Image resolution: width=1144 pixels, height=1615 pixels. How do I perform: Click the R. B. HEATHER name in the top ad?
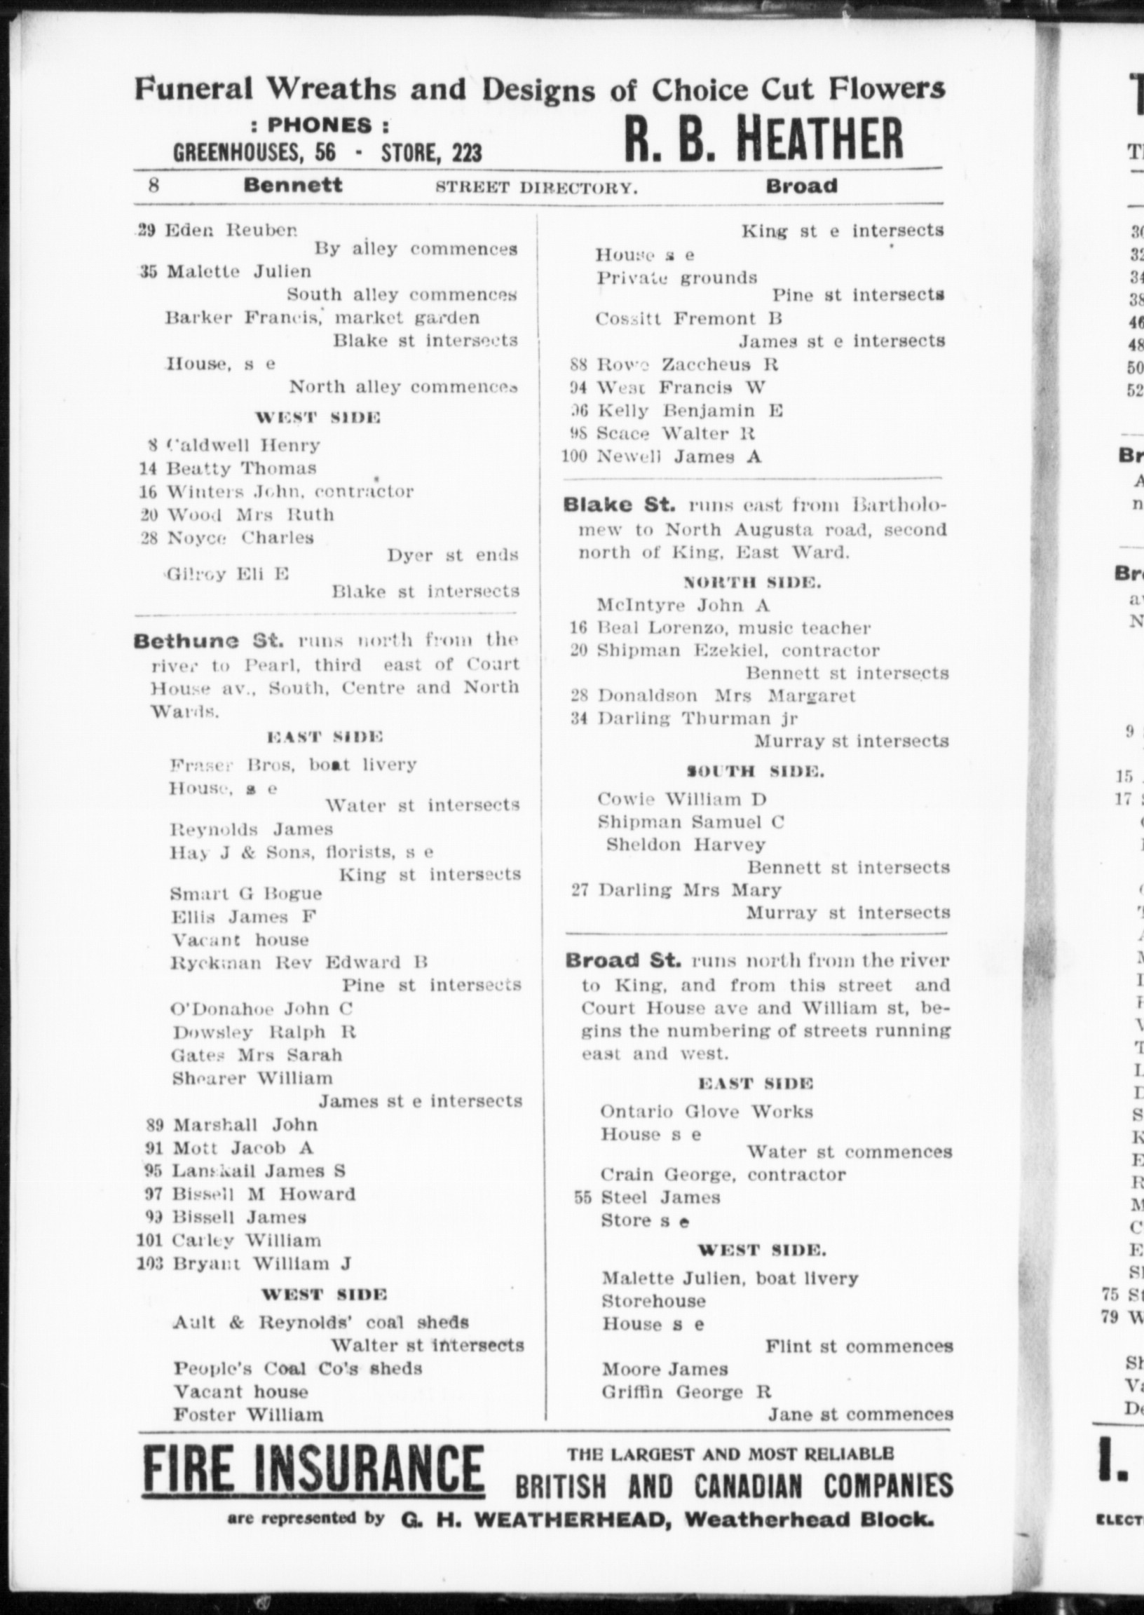click(x=763, y=139)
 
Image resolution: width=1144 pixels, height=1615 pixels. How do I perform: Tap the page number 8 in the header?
click(x=154, y=186)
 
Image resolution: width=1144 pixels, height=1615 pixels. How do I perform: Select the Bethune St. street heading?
click(x=208, y=641)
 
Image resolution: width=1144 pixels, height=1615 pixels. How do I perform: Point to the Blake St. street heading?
click(x=619, y=505)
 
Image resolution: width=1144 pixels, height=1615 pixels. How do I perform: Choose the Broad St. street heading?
click(x=623, y=961)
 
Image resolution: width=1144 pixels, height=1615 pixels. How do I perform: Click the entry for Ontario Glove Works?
click(x=707, y=1112)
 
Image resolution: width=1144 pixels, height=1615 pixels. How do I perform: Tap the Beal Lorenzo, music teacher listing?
click(x=733, y=627)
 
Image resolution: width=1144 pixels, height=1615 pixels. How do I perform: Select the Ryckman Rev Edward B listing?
click(x=299, y=963)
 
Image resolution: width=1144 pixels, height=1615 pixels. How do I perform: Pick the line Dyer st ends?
click(x=452, y=556)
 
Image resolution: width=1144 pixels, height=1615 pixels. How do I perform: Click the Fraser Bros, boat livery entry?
click(x=293, y=764)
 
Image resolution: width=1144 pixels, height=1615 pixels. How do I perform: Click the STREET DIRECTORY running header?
click(x=536, y=187)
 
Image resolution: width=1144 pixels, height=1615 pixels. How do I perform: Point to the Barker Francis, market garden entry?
click(x=322, y=318)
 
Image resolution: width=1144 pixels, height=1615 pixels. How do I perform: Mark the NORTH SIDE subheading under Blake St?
click(x=752, y=582)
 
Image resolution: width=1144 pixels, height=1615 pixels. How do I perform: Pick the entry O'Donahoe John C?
click(x=261, y=1009)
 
